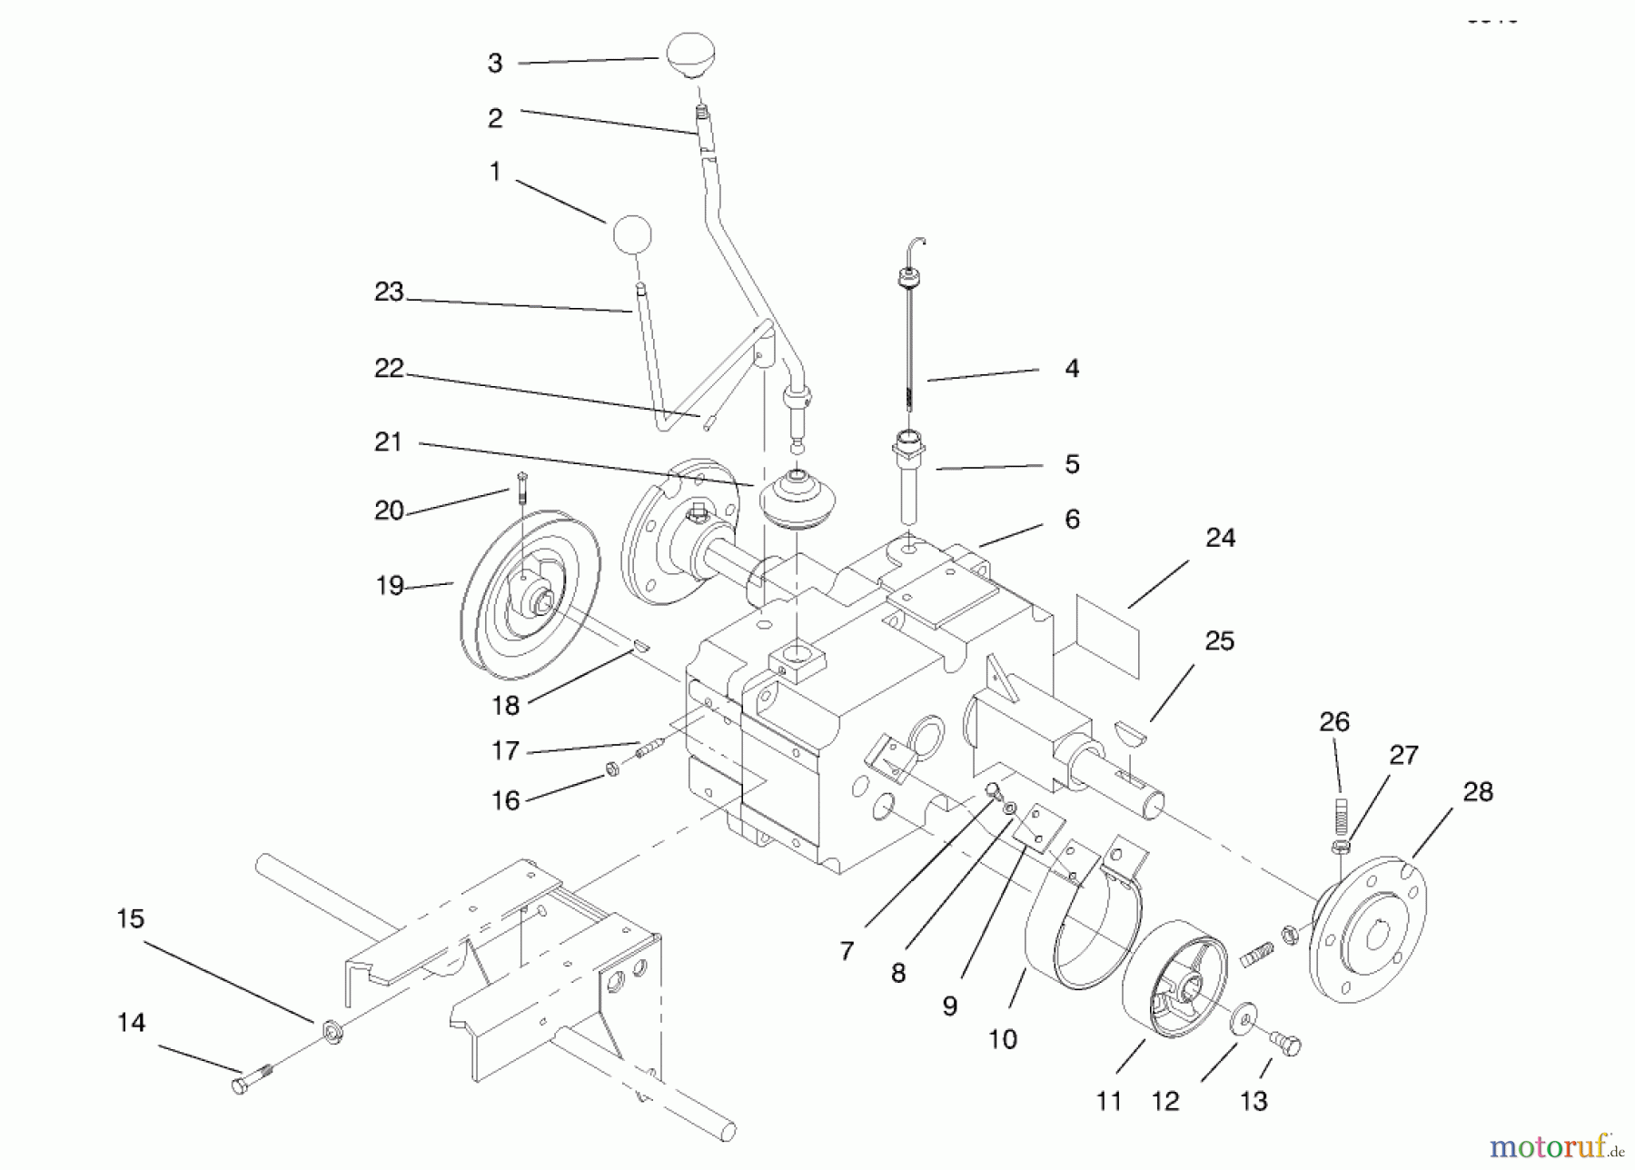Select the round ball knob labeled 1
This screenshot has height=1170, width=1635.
tap(632, 235)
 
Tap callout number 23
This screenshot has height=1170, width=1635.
tap(389, 292)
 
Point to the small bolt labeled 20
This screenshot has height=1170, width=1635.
tap(521, 490)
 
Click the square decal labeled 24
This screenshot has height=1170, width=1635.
tap(1107, 635)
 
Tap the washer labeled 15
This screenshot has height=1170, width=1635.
tap(332, 1033)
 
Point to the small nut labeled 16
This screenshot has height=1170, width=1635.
tap(612, 769)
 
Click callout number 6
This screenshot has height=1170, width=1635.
tap(1072, 520)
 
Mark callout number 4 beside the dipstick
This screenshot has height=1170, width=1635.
tap(1072, 369)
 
